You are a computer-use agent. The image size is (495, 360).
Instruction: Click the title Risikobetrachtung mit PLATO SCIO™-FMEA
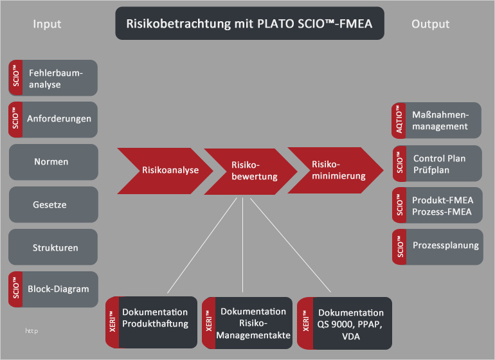point(249,24)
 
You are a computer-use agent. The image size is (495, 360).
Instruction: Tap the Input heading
point(47,24)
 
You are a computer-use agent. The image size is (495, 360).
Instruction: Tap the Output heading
point(429,24)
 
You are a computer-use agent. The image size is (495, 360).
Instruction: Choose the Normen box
point(53,162)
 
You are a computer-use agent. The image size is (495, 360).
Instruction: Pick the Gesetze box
point(53,204)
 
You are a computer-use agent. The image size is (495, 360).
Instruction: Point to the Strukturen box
point(53,247)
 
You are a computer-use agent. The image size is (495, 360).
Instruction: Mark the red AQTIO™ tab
point(398,120)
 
